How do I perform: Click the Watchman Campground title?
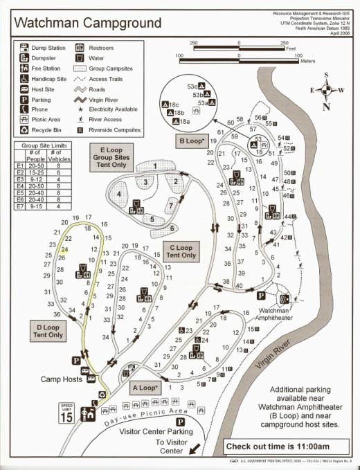87,23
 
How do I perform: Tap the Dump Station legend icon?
25,48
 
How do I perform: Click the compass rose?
327,91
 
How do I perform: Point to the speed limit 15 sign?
67,414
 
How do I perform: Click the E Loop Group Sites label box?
111,157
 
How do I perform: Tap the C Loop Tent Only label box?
181,251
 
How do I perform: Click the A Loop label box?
143,388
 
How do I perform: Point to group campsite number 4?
119,195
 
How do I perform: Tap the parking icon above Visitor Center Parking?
179,422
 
